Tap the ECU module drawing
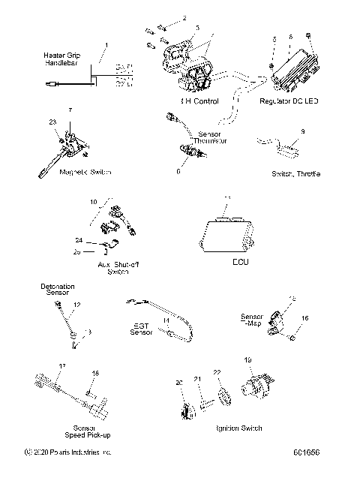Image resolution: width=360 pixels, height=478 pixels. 226,234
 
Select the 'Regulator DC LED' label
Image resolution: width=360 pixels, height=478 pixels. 289,100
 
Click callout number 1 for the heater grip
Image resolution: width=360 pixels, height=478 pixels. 106,46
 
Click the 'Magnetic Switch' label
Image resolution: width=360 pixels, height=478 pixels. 64,173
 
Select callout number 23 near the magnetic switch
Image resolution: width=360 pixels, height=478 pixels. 53,122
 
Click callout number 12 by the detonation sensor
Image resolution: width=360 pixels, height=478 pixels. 76,305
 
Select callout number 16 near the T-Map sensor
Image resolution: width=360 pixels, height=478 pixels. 304,318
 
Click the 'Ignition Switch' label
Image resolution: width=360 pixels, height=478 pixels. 238,428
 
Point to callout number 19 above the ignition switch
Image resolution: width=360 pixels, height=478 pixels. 247,359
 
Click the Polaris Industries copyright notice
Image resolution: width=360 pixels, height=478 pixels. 68,452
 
